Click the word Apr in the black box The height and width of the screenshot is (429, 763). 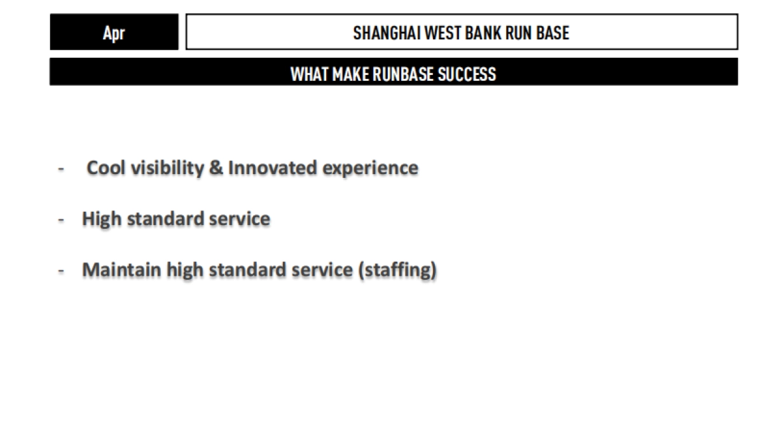[114, 32]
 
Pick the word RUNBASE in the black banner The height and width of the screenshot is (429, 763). [402, 74]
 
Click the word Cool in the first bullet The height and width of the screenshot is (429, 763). [106, 168]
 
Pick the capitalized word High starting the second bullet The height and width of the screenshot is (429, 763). [102, 219]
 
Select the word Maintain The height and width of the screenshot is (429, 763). [121, 270]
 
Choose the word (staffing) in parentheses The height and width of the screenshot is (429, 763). [397, 271]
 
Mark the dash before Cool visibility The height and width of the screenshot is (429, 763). [62, 169]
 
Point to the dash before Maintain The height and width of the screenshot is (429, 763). [62, 271]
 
